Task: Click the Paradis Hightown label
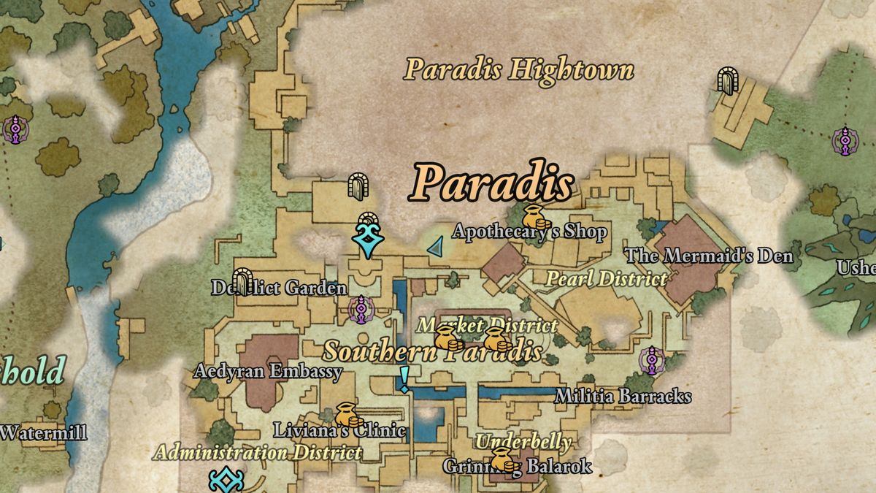pos(519,71)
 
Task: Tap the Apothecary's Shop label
pos(529,232)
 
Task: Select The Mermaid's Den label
pos(710,256)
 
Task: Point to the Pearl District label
pos(607,278)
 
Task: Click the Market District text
pos(487,325)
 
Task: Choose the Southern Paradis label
pos(433,351)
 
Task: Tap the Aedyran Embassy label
pos(268,372)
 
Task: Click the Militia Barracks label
pos(623,396)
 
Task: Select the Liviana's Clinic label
pos(339,430)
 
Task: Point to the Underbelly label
pos(523,442)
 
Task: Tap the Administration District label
pos(258,453)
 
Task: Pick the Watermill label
pos(44,432)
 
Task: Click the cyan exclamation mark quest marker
pos(404,379)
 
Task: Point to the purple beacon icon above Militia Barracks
pos(651,361)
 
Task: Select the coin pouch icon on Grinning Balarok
pos(502,460)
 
